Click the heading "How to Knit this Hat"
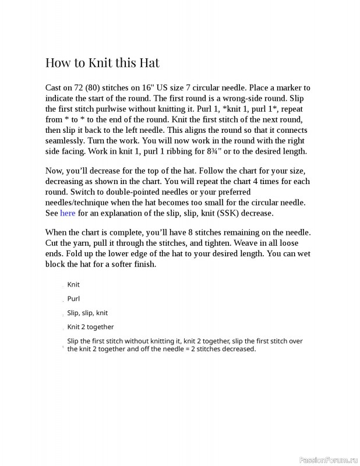pos(102,62)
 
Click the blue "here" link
pos(68,213)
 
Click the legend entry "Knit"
pos(73,285)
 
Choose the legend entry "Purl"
pos(73,299)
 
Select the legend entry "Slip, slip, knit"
pos(87,313)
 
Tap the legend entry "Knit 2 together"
pos(90,327)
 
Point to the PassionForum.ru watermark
pos(328,460)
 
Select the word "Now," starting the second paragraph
pos(55,171)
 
